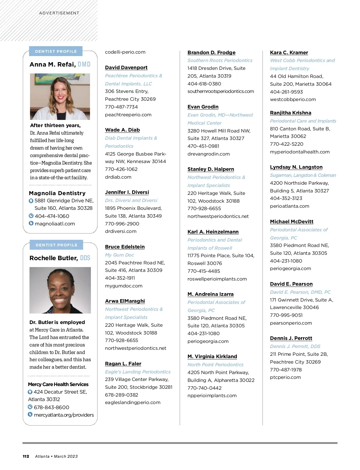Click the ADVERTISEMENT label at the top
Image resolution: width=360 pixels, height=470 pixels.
[59, 13]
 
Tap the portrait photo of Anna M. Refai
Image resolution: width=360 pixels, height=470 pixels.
[60, 97]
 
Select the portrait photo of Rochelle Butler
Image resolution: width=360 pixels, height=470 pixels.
[60, 290]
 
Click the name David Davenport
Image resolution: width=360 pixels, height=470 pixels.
[126, 68]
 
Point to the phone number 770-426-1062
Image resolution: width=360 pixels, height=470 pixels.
[121, 169]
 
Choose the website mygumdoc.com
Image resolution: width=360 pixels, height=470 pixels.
[124, 286]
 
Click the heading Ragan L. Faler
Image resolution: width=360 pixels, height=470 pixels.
[123, 364]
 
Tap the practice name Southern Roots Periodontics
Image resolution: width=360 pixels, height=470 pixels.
[220, 61]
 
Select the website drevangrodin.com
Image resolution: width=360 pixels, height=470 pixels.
[208, 154]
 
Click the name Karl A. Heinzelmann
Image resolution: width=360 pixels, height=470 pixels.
[213, 232]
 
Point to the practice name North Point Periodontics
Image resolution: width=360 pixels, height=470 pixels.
[215, 365]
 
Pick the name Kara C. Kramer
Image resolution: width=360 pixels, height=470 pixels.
[289, 53]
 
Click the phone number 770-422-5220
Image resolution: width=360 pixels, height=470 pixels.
[286, 144]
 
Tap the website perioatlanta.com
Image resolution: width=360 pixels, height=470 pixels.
[289, 206]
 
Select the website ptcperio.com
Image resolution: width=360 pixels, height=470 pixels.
[285, 377]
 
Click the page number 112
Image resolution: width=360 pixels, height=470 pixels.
[26, 457]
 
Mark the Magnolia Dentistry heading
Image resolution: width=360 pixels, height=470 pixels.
[57, 193]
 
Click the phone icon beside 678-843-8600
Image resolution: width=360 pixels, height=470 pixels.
[30, 407]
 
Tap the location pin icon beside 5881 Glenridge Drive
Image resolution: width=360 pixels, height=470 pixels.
[31, 201]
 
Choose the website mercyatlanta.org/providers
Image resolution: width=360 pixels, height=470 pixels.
[64, 415]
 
